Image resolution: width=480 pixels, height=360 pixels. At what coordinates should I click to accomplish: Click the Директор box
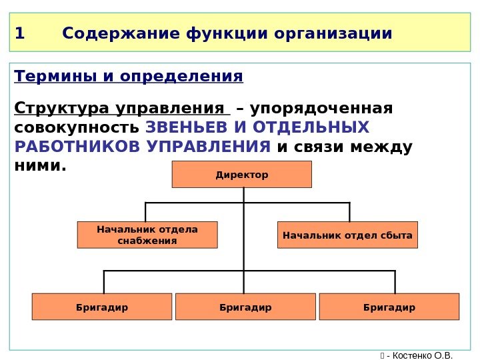tap(242, 175)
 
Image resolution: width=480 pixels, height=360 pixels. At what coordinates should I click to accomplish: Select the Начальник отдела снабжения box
tap(147, 235)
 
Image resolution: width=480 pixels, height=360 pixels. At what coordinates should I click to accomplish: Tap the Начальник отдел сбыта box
tap(347, 235)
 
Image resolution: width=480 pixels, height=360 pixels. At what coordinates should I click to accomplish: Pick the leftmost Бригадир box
tap(102, 307)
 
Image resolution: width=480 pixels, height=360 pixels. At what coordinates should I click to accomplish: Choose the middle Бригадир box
tap(245, 307)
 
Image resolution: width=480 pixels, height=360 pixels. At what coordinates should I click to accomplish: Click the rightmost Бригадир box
tap(389, 307)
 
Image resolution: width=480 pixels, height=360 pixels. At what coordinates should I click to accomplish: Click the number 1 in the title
tap(19, 33)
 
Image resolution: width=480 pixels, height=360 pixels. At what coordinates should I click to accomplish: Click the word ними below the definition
tap(39, 165)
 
